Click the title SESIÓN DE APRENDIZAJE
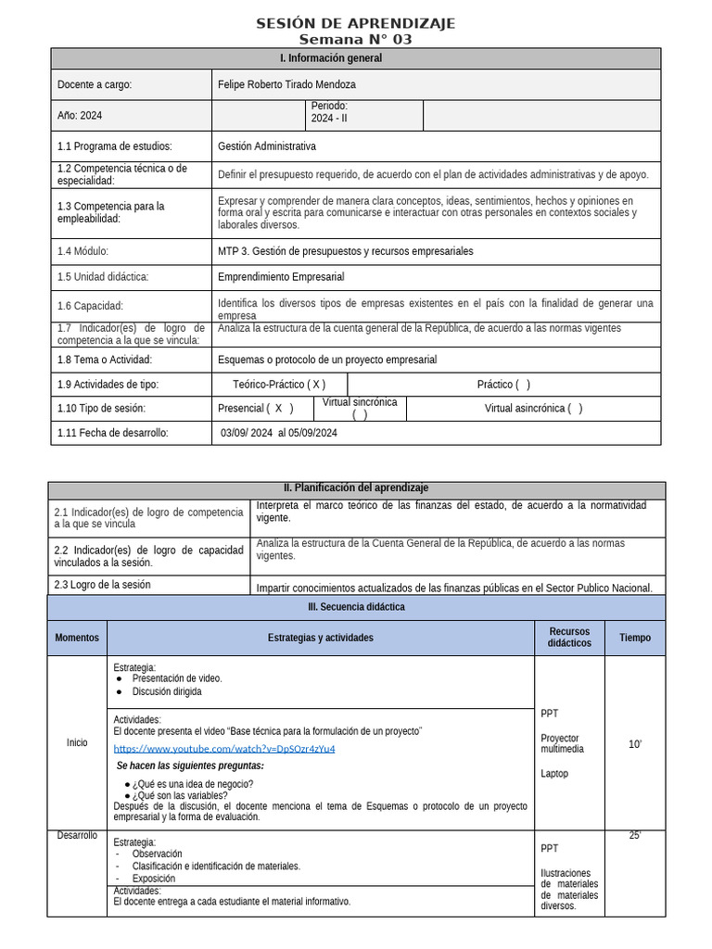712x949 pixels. [356, 23]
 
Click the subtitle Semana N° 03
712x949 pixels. [356, 39]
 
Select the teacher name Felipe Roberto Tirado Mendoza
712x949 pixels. [286, 84]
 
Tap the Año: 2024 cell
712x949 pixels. [80, 116]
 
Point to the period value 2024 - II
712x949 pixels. [331, 118]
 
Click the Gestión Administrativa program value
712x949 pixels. [267, 146]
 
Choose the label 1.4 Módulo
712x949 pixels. [83, 251]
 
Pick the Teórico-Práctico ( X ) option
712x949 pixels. [279, 385]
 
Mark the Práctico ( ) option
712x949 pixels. [503, 385]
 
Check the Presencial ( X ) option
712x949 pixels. [255, 409]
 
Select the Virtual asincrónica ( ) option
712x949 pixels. [533, 409]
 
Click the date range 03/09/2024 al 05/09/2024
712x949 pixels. [279, 433]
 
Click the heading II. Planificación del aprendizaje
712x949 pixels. [356, 488]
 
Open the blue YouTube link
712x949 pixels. [224, 749]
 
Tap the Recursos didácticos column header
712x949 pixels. [569, 638]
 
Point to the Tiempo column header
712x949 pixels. [635, 638]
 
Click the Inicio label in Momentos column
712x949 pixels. [77, 742]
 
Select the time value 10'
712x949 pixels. [635, 744]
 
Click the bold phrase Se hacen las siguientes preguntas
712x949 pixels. [190, 766]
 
